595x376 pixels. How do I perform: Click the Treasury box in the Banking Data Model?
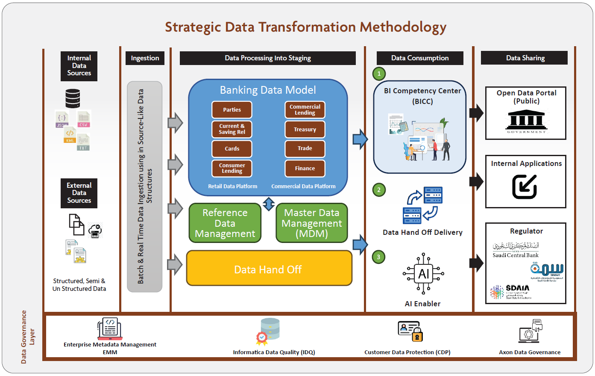(x=305, y=129)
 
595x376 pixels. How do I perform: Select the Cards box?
(x=232, y=148)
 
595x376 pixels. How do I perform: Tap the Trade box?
(x=305, y=148)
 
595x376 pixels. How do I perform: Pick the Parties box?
(x=232, y=110)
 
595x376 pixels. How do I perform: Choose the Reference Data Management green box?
(x=225, y=223)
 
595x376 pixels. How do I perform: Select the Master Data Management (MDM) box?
(x=312, y=223)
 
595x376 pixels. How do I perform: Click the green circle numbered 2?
(x=379, y=190)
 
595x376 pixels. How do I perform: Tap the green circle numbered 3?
(x=378, y=257)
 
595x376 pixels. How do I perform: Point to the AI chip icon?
(x=423, y=274)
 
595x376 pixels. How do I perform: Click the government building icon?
(x=526, y=121)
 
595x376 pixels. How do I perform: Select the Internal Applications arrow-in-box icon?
(x=525, y=187)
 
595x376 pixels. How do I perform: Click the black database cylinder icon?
(x=73, y=98)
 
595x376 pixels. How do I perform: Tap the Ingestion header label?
(x=145, y=58)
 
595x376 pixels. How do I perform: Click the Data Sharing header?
(x=525, y=58)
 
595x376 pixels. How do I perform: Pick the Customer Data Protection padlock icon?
(x=417, y=336)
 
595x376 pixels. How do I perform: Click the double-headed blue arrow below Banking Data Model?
(x=269, y=204)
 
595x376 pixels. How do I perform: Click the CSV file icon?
(x=83, y=119)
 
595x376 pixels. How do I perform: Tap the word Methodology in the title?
(x=403, y=27)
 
